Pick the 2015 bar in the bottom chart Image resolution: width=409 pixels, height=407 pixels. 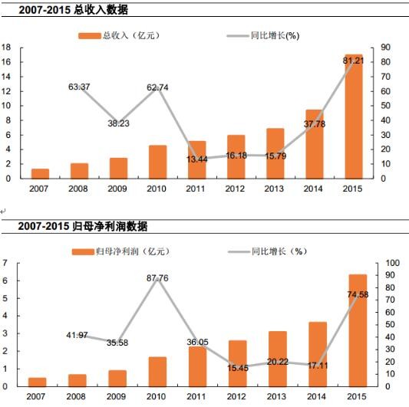(352, 330)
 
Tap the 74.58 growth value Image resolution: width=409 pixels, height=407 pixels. (352, 294)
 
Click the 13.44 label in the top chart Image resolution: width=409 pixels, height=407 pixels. (196, 159)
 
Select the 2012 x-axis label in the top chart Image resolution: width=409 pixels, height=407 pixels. (236, 187)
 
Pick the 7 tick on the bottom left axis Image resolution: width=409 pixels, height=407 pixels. (5, 263)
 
